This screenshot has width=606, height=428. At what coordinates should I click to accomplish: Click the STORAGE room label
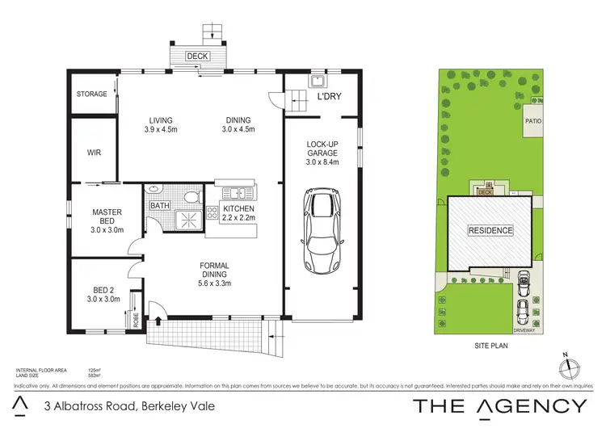[x=91, y=94]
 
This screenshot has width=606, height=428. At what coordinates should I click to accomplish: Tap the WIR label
[x=94, y=152]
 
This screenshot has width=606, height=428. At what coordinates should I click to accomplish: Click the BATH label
[x=158, y=206]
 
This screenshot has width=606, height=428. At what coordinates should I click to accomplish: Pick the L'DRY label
[x=329, y=97]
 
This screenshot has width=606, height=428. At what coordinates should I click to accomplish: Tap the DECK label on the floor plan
[x=197, y=56]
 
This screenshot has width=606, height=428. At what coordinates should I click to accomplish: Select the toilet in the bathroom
[x=190, y=199]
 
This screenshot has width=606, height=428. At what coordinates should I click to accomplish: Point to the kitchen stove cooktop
[x=213, y=213]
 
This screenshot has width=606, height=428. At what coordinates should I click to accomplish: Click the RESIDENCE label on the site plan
[x=490, y=230]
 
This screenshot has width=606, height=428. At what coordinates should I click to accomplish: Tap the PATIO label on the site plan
[x=533, y=121]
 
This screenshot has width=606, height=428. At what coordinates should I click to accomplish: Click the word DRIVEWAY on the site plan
[x=526, y=330]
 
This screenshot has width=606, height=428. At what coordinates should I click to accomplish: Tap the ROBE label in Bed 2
[x=137, y=321]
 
